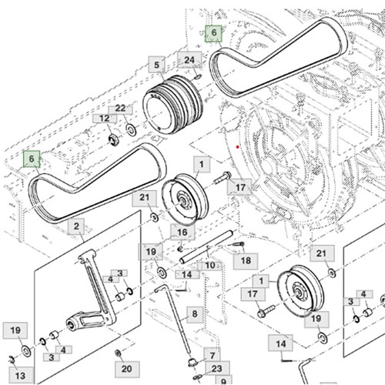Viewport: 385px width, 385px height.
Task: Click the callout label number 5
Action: click(156, 65)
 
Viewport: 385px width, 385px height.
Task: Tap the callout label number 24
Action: click(189, 60)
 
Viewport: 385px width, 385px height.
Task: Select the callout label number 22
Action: click(120, 109)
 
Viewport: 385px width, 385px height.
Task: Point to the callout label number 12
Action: click(105, 119)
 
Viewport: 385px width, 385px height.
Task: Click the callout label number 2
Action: click(76, 226)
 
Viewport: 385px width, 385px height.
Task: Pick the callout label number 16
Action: click(182, 233)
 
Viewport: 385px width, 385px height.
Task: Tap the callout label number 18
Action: click(246, 260)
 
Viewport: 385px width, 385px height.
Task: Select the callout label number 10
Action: click(210, 266)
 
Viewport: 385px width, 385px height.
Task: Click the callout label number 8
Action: click(195, 314)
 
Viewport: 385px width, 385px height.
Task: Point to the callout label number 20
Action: click(127, 369)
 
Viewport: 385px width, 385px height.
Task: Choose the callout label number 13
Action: click(21, 376)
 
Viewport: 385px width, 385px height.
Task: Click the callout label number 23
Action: click(217, 369)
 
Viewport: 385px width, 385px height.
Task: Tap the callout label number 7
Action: click(213, 356)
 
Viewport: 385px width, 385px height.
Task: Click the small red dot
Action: click(238, 147)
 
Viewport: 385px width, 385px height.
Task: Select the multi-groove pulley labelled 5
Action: click(172, 104)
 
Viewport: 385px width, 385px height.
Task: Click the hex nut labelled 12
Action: click(113, 140)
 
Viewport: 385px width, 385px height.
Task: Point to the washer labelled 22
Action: click(131, 129)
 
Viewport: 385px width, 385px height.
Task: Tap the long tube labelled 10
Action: click(206, 246)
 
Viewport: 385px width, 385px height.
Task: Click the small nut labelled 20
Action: click(119, 353)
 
